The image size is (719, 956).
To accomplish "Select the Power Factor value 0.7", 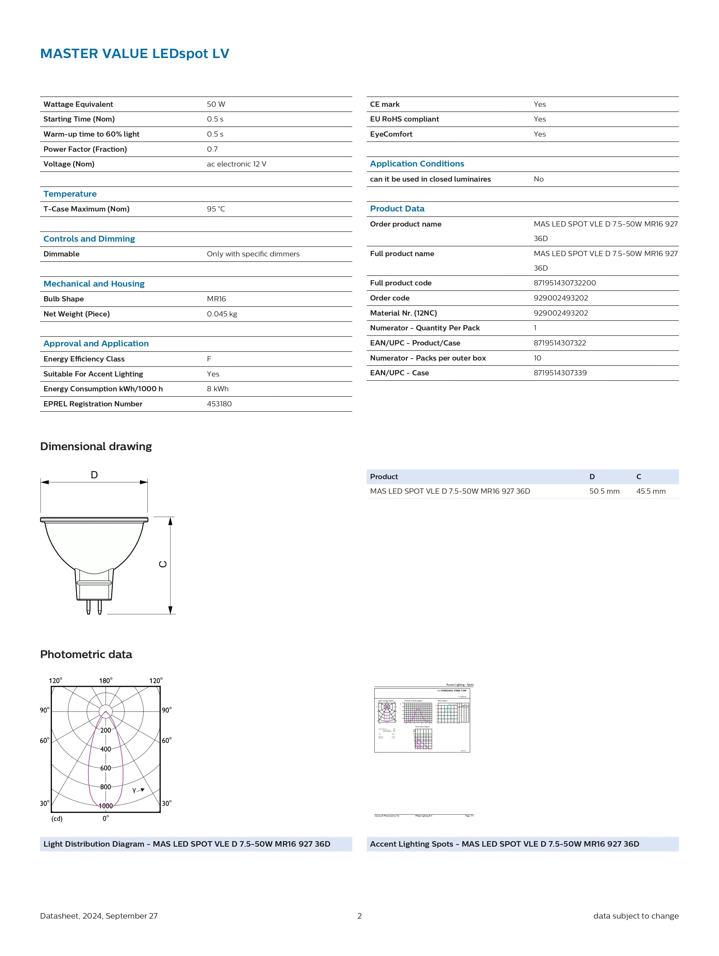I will (212, 149).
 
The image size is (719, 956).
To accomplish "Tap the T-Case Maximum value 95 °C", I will (216, 209).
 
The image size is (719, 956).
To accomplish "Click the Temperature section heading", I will (70, 194).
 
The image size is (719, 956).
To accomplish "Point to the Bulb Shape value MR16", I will (216, 299).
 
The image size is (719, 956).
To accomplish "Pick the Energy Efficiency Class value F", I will (209, 359).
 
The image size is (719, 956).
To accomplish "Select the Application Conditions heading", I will (417, 163).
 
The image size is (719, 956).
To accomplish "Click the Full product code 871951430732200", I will (565, 283).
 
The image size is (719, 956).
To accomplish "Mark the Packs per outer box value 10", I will (537, 358).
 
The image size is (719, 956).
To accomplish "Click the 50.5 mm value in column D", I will (604, 491).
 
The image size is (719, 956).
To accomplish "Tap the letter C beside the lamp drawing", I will (163, 564).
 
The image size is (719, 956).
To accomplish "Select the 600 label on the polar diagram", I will (105, 768).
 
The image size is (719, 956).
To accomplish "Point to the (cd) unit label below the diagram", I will (57, 819).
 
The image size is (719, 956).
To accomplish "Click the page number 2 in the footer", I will (359, 916).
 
